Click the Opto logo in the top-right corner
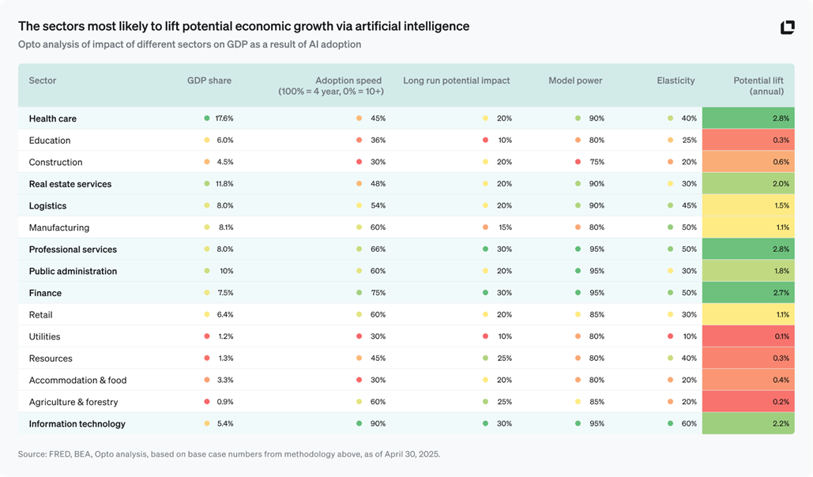coord(787,28)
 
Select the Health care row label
coord(53,118)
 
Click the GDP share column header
coord(209,81)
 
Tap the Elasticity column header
coord(676,81)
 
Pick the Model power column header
coord(575,81)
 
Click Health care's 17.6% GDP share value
coord(224,118)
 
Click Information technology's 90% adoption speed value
coord(378,424)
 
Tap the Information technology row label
coord(77,424)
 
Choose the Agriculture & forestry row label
coord(73,402)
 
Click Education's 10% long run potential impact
coord(504,141)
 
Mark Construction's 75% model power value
coord(597,162)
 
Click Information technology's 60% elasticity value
coord(689,424)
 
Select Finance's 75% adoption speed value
coord(378,293)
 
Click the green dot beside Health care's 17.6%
coord(207,118)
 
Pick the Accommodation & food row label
coord(77,380)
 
